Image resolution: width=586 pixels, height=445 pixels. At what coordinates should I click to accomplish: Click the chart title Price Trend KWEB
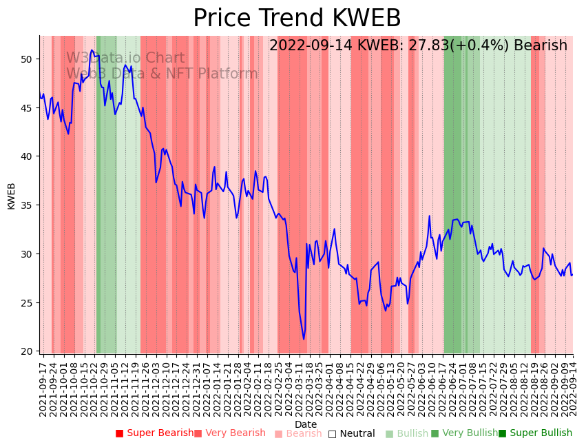pyautogui.click(x=297, y=19)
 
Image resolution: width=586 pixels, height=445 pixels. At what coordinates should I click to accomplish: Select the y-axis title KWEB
pyautogui.click(x=12, y=196)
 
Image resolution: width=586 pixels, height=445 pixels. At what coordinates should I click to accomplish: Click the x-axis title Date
pyautogui.click(x=306, y=424)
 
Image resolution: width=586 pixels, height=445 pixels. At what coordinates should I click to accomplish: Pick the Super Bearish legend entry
pyautogui.click(x=155, y=433)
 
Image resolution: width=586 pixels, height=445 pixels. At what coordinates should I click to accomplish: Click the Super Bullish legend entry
pyautogui.click(x=535, y=433)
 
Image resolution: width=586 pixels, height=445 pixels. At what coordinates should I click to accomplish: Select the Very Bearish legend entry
pyautogui.click(x=229, y=433)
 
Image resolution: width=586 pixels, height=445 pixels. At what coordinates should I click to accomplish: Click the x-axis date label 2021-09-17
pyautogui.click(x=43, y=389)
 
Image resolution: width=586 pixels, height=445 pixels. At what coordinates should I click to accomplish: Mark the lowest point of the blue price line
pyautogui.click(x=304, y=339)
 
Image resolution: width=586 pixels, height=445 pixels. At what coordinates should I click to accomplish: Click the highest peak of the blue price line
pyautogui.click(x=92, y=50)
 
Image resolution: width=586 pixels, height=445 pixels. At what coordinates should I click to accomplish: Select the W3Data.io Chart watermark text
pyautogui.click(x=125, y=59)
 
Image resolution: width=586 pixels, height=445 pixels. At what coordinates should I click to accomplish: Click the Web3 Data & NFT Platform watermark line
pyautogui.click(x=162, y=74)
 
